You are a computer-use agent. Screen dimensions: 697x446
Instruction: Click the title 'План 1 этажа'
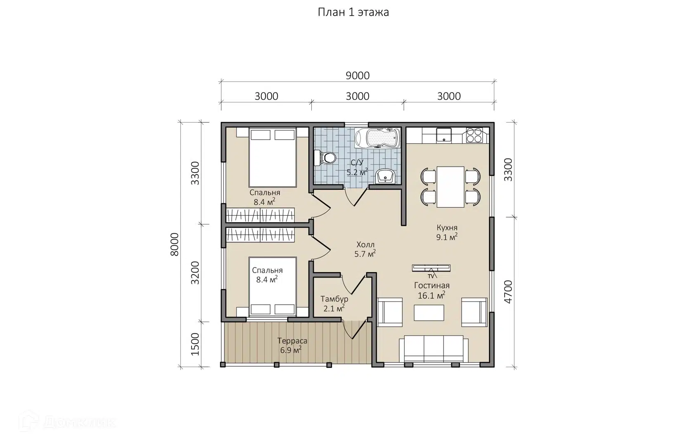[x=353, y=12]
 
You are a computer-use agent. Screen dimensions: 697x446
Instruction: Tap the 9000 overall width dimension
[x=358, y=76]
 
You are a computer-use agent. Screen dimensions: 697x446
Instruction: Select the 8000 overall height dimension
[x=175, y=244]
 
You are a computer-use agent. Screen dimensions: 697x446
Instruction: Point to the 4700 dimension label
[x=508, y=292]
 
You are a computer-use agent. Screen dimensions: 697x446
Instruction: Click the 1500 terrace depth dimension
[x=195, y=344]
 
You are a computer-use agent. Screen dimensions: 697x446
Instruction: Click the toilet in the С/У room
[x=325, y=158]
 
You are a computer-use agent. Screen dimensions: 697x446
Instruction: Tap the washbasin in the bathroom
[x=385, y=177]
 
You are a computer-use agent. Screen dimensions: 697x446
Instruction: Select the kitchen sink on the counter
[x=444, y=135]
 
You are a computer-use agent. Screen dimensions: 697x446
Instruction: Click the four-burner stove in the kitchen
[x=474, y=135]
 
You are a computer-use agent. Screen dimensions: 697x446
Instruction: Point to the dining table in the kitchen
[x=450, y=187]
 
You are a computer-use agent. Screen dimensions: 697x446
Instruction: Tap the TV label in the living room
[x=431, y=276]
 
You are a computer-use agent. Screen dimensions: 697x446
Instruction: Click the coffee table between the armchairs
[x=429, y=313]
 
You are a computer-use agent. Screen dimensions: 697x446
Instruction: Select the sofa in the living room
[x=434, y=349]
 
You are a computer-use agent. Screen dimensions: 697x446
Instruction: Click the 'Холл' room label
[x=365, y=244]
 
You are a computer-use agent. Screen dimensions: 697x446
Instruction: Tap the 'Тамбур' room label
[x=334, y=299]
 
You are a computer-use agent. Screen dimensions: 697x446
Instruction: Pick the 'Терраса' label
[x=292, y=341]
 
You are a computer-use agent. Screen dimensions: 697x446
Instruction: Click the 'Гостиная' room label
[x=431, y=285]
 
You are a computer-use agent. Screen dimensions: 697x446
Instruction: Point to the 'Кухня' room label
[x=447, y=228]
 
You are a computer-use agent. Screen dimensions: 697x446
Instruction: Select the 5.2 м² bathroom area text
[x=357, y=172]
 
